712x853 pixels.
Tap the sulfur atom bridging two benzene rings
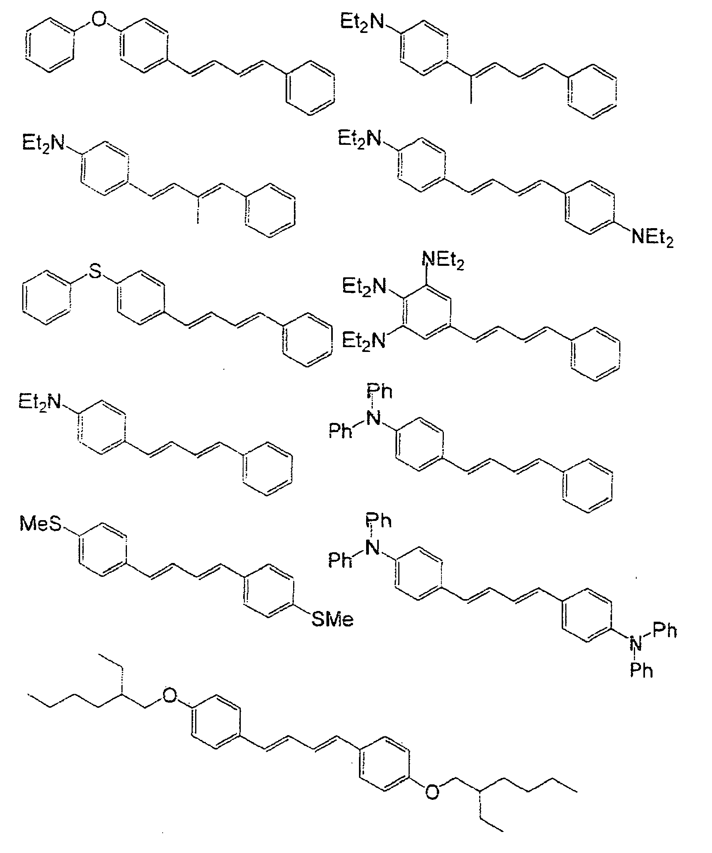point(94,271)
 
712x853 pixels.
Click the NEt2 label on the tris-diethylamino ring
point(443,260)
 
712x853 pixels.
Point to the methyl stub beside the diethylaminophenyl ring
point(471,91)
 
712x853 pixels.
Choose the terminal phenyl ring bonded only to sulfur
point(47,297)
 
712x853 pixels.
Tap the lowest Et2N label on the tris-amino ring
point(363,340)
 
